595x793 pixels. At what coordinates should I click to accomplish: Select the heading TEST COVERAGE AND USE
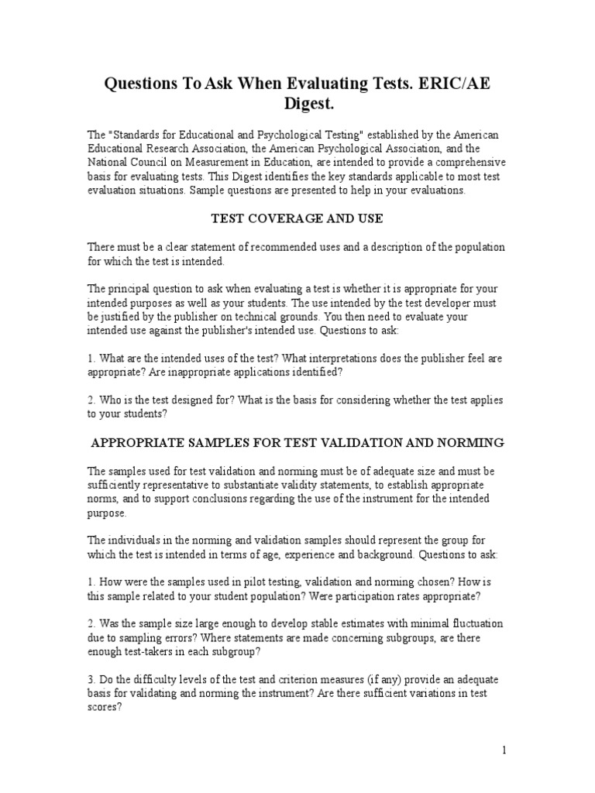click(x=297, y=218)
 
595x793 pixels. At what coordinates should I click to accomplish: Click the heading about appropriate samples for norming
click(x=297, y=442)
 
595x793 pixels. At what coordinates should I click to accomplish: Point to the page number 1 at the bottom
click(x=504, y=750)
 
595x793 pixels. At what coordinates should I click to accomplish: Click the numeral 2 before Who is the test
click(x=91, y=400)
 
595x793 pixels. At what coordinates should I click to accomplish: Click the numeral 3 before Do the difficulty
click(x=91, y=680)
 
